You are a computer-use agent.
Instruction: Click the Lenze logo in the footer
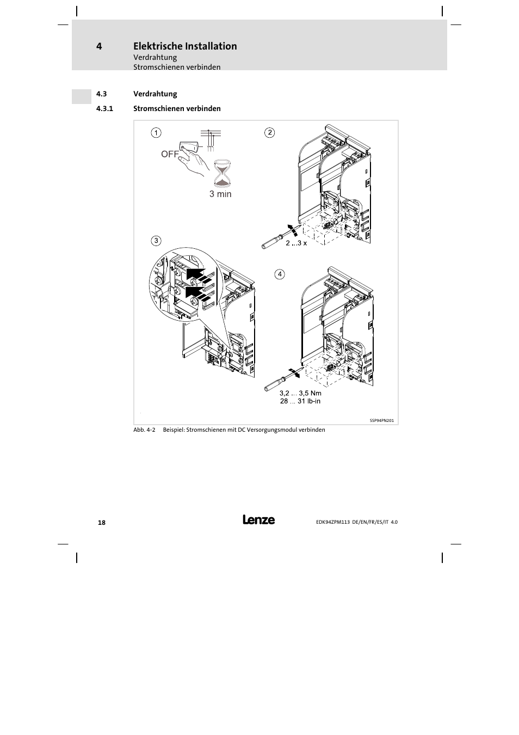point(258,520)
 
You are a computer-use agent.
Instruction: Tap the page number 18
point(102,523)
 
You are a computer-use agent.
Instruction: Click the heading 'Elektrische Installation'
point(185,46)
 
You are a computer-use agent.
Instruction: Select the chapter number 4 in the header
point(99,46)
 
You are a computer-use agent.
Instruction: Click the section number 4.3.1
point(104,108)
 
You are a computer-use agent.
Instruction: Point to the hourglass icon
point(221,173)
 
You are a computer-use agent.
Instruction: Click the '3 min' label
point(220,194)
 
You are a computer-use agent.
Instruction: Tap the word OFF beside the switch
point(170,154)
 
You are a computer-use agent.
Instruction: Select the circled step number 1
point(156,132)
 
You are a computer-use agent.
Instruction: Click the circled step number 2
point(269,132)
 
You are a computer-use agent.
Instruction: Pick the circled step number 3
point(156,241)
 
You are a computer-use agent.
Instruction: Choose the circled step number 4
point(280,274)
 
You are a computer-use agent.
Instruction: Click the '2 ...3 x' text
point(296,243)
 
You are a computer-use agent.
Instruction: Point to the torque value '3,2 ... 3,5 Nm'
point(300,393)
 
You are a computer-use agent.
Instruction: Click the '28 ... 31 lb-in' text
point(300,401)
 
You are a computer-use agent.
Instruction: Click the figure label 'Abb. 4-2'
point(145,430)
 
